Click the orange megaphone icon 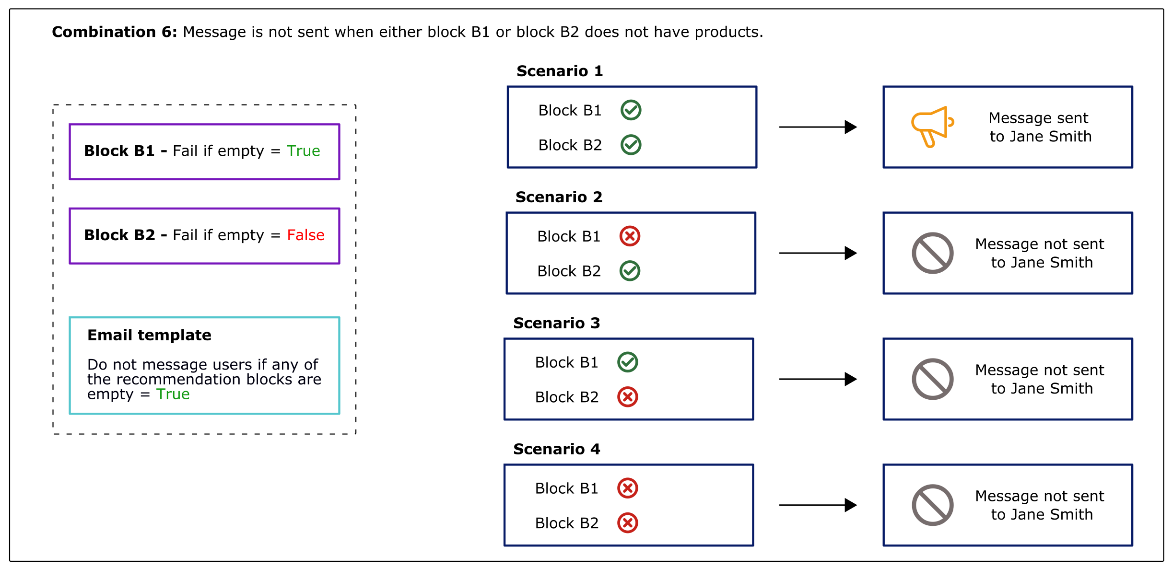pos(932,127)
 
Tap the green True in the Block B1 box pos(303,151)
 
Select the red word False pos(305,235)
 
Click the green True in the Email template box pos(173,394)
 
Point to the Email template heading pos(149,335)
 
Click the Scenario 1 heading pos(559,71)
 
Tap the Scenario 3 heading pos(556,323)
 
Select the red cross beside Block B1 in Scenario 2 pos(630,236)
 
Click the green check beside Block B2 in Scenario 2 pos(630,271)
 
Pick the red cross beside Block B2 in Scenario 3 pos(627,397)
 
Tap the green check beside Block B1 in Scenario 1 pos(631,110)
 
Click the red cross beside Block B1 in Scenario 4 pos(627,488)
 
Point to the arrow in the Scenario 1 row pos(818,127)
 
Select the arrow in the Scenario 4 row pos(818,505)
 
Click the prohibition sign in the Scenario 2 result pos(932,253)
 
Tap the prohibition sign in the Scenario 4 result pos(932,505)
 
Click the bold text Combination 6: pos(114,32)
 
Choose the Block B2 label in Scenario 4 pos(566,523)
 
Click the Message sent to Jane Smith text pos(1040,127)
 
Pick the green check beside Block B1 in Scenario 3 pos(627,362)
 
